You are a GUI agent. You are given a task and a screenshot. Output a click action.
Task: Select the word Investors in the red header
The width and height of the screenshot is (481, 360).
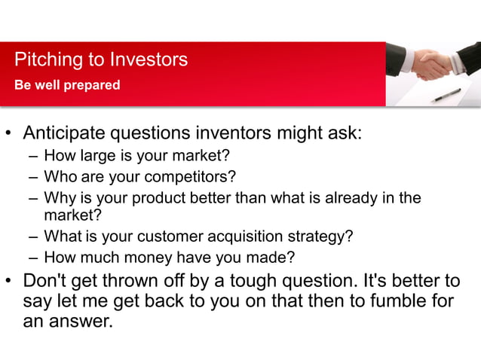(x=149, y=59)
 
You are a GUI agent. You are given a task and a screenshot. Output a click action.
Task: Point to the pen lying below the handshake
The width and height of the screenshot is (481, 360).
(x=446, y=95)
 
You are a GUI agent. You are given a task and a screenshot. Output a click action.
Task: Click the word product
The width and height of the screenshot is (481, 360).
(x=161, y=198)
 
